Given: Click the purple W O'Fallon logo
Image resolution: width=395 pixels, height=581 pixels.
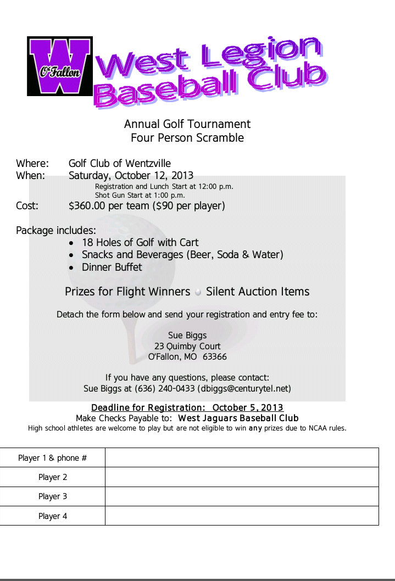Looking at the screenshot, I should (x=60, y=66).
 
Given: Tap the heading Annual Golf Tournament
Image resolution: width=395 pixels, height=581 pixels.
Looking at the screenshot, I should (x=187, y=124).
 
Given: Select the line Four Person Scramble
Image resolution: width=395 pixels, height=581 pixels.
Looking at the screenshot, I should (x=187, y=138).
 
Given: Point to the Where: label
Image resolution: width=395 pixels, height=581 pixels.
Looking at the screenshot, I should (x=32, y=164).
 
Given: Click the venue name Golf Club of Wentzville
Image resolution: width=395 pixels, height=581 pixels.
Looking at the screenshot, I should (x=120, y=164).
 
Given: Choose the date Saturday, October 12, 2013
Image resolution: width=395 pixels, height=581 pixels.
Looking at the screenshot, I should (x=131, y=176).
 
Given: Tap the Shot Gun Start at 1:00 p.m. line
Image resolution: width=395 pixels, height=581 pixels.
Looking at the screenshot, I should (x=140, y=195).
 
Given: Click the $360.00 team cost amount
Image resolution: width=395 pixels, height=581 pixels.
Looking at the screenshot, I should (x=90, y=206).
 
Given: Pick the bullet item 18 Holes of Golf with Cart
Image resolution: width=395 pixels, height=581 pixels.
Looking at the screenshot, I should (x=140, y=243).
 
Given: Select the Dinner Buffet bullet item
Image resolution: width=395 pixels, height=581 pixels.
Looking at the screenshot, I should (x=112, y=267).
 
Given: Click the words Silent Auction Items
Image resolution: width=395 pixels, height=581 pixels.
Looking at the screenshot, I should (x=258, y=292).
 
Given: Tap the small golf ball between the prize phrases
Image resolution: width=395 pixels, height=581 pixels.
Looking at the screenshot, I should (x=198, y=292).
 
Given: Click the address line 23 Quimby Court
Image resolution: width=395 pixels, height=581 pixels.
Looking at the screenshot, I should (x=187, y=346).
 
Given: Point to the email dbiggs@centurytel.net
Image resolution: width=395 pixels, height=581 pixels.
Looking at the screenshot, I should (x=244, y=388).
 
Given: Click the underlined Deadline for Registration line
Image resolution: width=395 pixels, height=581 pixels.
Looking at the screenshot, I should (x=187, y=407).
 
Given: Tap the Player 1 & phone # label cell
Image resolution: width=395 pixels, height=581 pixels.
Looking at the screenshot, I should (x=53, y=458).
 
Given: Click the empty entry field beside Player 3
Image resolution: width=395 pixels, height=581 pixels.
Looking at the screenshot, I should (x=242, y=496).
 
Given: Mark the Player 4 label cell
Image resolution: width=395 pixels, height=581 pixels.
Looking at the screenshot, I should (x=53, y=516).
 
